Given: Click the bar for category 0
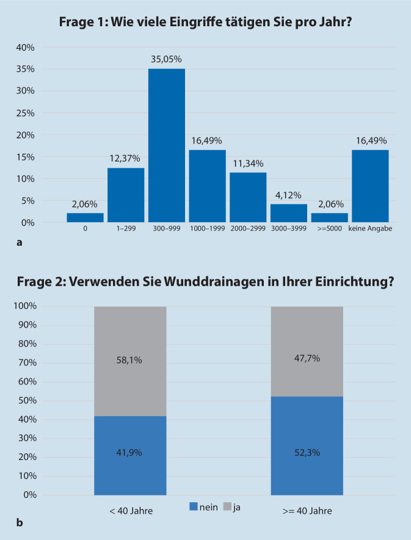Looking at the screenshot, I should pyautogui.click(x=85, y=217).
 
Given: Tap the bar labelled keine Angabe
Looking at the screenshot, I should pyautogui.click(x=370, y=186).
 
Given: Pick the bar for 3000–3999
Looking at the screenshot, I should pyautogui.click(x=289, y=213).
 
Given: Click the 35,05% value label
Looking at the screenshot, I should pyautogui.click(x=167, y=59).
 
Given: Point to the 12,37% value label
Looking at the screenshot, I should pyautogui.click(x=126, y=159).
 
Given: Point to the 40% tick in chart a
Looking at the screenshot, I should pyautogui.click(x=25, y=47).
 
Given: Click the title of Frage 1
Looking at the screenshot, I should pyautogui.click(x=205, y=22).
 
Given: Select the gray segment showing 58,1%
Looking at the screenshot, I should pyautogui.click(x=130, y=361).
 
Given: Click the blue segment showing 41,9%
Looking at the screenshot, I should pyautogui.click(x=130, y=455).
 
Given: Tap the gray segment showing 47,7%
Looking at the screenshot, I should pyautogui.click(x=307, y=351).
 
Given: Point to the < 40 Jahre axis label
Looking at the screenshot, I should pyautogui.click(x=131, y=510).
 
